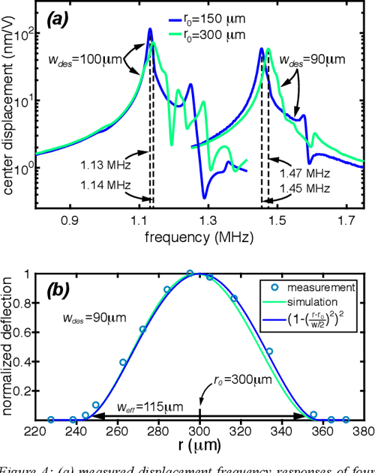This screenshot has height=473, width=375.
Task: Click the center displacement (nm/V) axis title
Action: (x=10, y=105)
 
